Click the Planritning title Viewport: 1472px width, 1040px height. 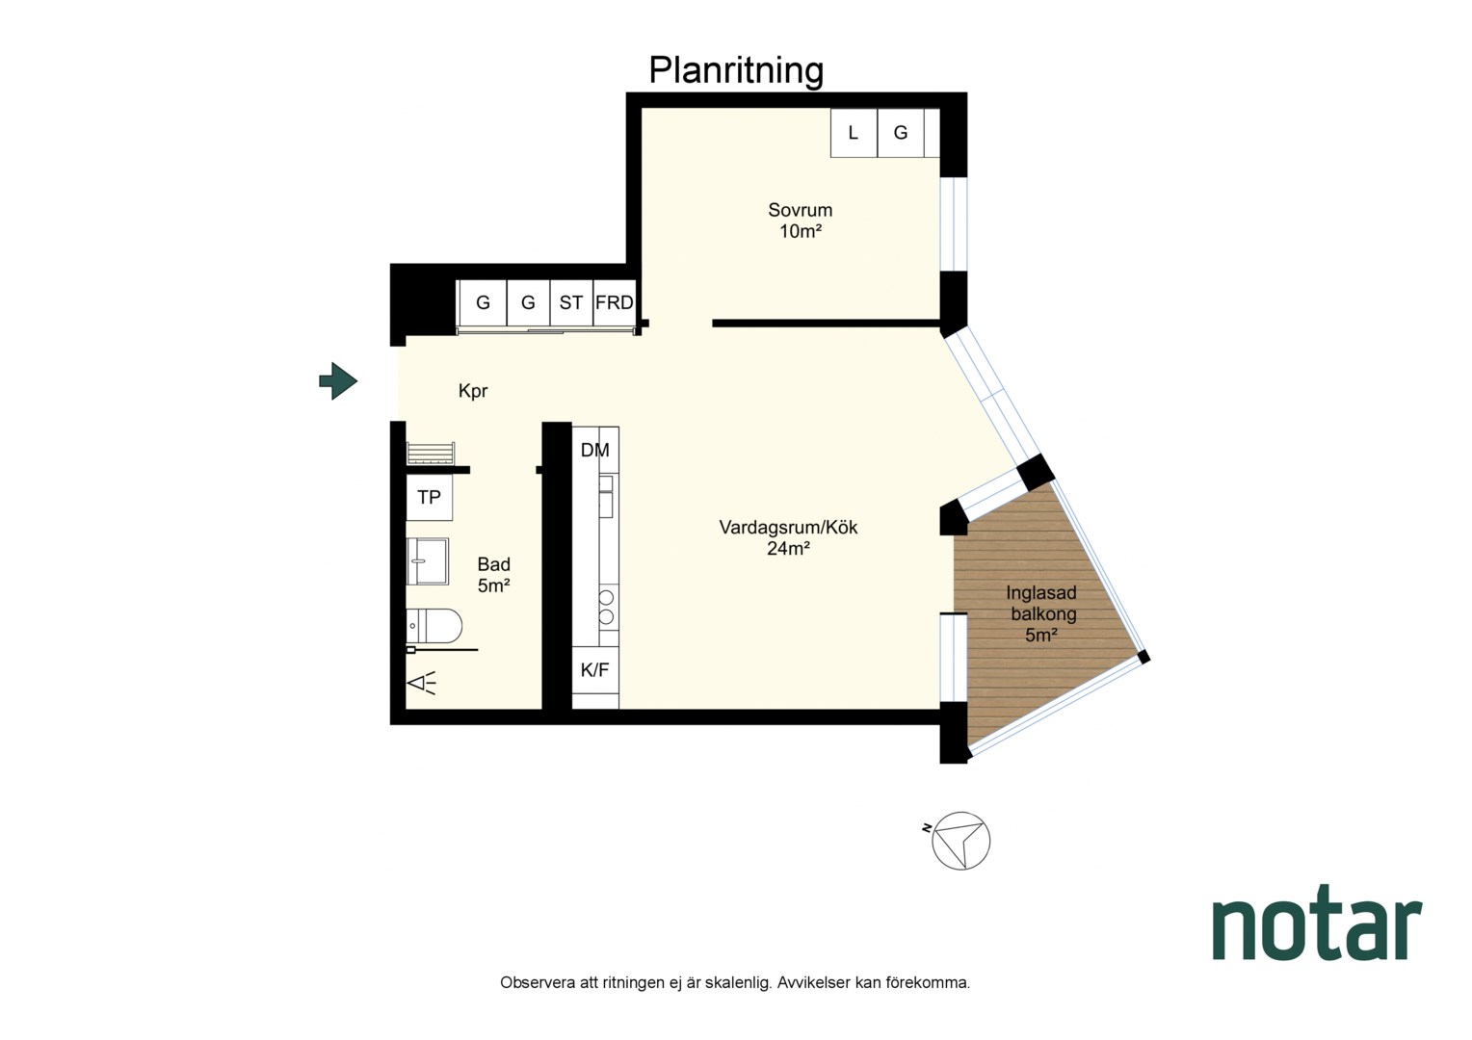736,71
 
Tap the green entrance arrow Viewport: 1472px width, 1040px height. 338,381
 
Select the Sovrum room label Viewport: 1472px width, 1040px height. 800,210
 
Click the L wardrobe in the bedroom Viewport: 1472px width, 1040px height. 854,133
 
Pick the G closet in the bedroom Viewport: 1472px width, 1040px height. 901,133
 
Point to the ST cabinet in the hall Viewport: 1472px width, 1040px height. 571,303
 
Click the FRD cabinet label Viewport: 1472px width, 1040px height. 615,302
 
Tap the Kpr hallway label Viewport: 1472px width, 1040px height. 473,392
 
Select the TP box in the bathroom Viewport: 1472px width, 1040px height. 429,497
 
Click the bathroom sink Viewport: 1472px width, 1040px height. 428,561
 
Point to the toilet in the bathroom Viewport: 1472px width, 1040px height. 434,626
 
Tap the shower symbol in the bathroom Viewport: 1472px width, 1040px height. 422,684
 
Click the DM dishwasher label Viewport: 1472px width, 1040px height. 594,450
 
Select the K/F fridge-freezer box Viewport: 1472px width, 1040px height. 595,670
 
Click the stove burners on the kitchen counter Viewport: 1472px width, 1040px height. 607,607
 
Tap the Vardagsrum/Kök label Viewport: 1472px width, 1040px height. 789,528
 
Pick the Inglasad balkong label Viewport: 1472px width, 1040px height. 1041,604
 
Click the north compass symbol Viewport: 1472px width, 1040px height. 960,841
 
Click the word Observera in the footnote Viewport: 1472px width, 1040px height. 537,983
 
